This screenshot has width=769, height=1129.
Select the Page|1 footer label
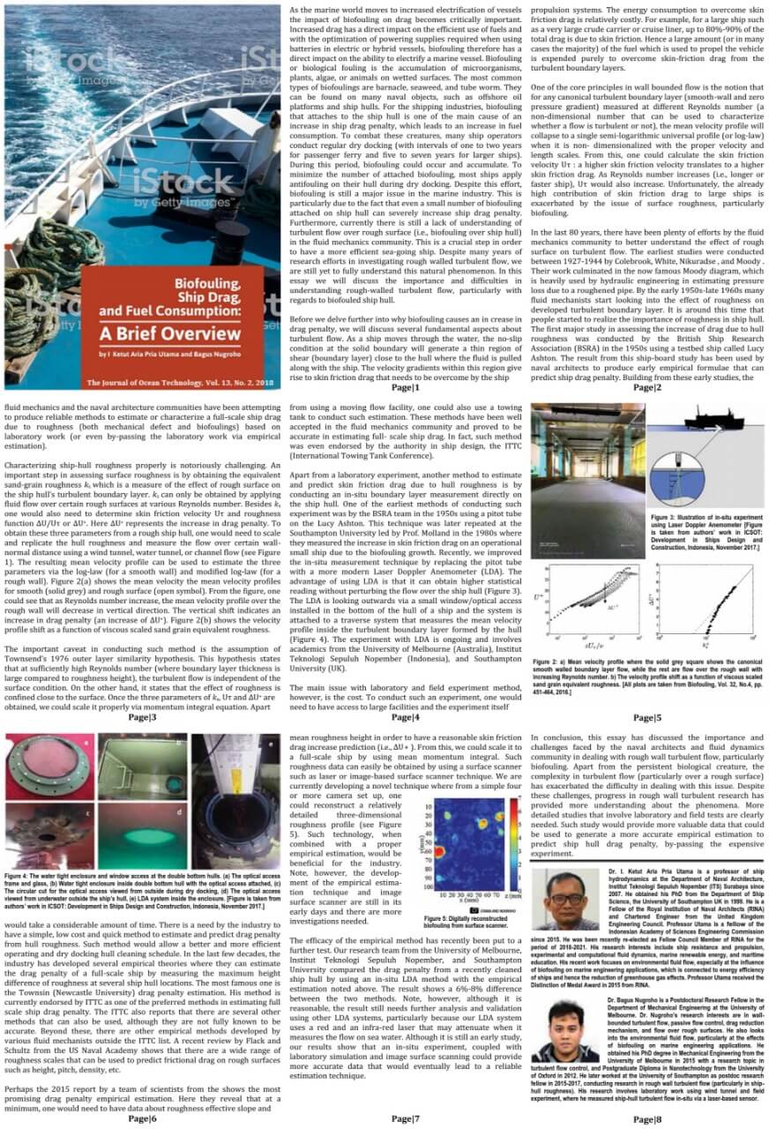tap(406, 388)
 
